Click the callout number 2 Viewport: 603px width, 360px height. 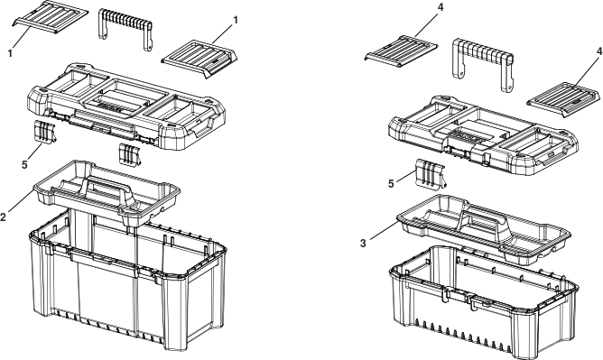point(3,217)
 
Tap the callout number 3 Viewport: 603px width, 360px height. point(363,244)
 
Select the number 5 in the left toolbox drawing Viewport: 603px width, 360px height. point(24,165)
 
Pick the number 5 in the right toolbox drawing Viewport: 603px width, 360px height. point(391,184)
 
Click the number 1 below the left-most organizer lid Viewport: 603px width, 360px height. point(10,53)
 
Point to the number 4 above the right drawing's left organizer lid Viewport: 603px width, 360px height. point(441,7)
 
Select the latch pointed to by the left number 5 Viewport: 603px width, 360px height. point(44,132)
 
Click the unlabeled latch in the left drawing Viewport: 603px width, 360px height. point(130,154)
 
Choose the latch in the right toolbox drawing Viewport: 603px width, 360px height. point(431,174)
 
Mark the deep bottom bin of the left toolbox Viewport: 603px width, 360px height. point(128,281)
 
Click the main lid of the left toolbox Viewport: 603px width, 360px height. point(126,106)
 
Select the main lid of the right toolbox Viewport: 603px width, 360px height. point(484,135)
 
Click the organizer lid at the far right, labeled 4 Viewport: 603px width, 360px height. point(563,100)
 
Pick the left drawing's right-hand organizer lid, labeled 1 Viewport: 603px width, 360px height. point(199,59)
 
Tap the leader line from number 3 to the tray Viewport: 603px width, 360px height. point(384,230)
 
